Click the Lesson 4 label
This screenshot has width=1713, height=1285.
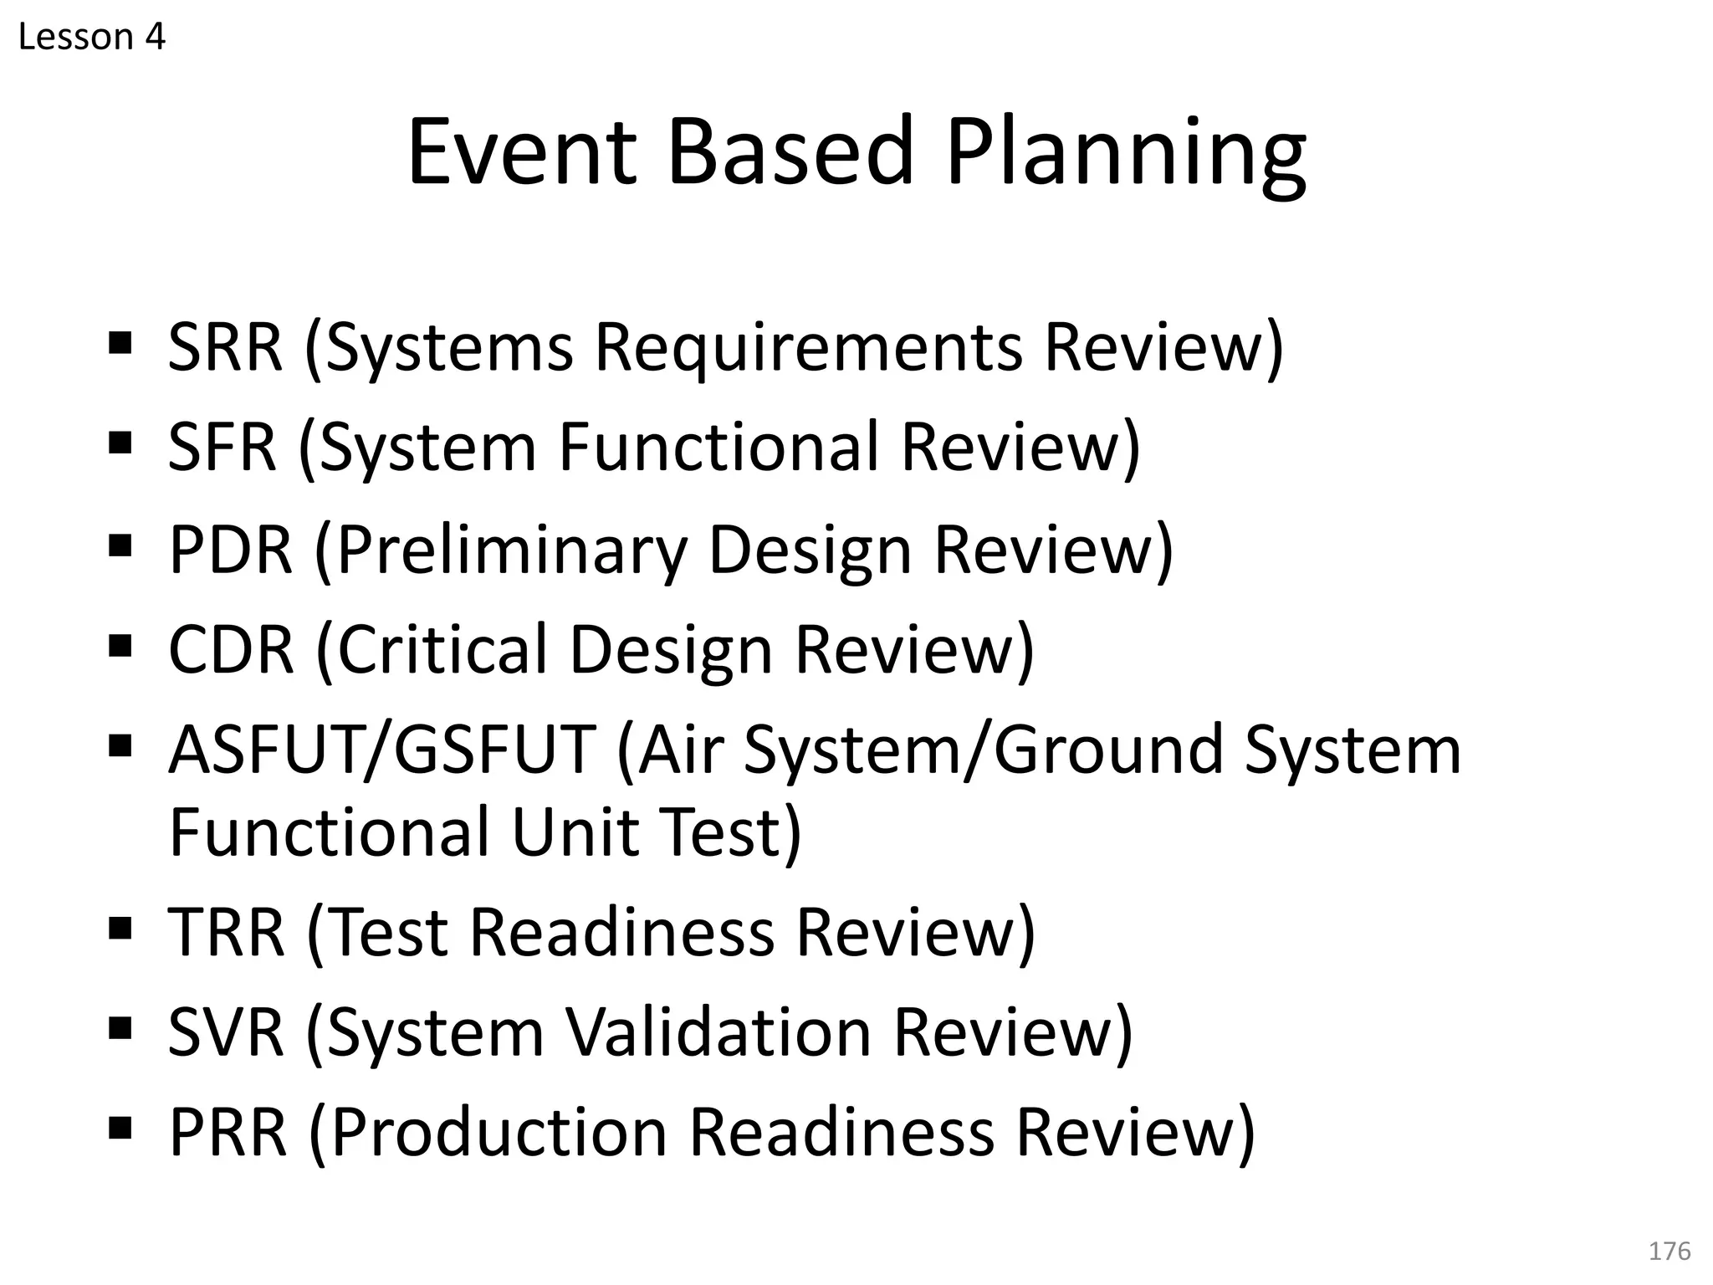coord(91,37)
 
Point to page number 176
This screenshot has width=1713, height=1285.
coord(1669,1251)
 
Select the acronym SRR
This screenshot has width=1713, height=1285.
coord(225,347)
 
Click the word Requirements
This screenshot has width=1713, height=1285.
coord(808,347)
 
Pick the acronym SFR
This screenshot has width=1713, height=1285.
coord(222,447)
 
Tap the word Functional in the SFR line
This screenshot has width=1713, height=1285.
coord(718,447)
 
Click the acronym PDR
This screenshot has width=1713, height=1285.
coord(231,550)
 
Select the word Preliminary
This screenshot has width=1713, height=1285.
coord(511,550)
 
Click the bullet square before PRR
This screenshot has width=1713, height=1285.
coord(120,1128)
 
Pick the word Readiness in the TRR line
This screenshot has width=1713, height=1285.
coord(621,932)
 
